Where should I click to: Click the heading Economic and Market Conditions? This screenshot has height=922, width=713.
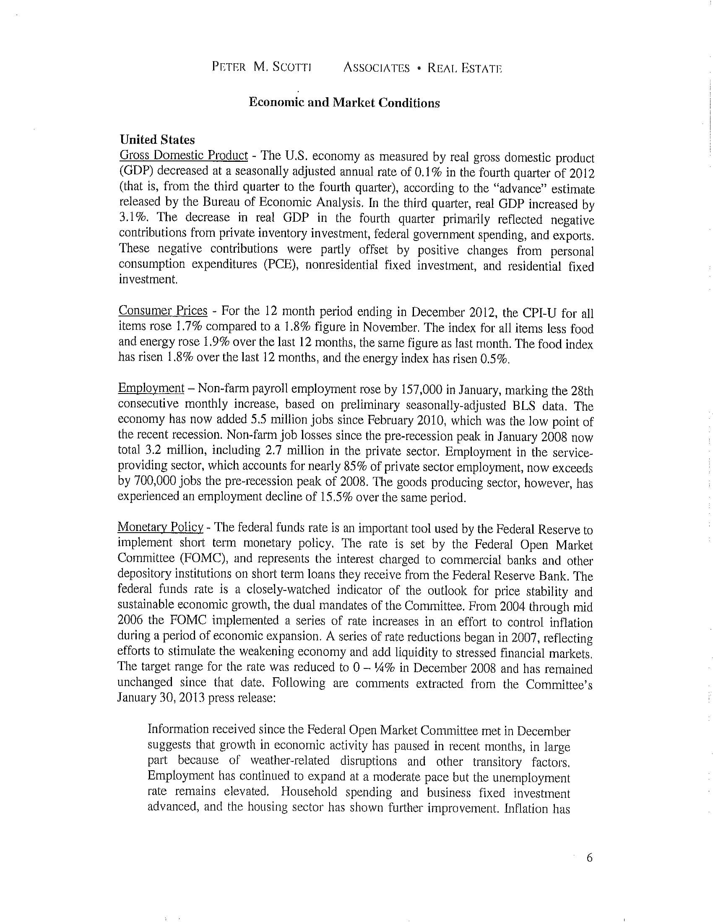click(x=344, y=103)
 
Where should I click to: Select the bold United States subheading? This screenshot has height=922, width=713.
click(x=157, y=140)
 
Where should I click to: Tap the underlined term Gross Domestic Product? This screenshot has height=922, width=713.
click(x=184, y=155)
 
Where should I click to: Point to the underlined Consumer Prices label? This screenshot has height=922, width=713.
click(x=163, y=310)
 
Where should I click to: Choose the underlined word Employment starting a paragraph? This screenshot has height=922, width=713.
click(x=151, y=388)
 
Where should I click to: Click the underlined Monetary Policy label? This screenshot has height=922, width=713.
click(x=161, y=527)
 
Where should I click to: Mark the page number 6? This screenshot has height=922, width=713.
click(x=590, y=857)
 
